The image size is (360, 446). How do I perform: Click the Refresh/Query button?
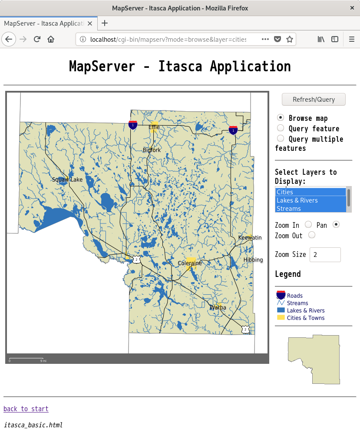click(314, 99)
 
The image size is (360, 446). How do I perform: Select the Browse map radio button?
click(281, 118)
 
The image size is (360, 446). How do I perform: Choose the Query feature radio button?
click(281, 128)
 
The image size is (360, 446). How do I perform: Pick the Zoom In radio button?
click(308, 225)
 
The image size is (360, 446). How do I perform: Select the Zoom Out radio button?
click(311, 235)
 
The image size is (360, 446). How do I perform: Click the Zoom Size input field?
click(325, 255)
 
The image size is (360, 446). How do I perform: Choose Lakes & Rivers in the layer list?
click(297, 200)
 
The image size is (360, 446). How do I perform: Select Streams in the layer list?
click(289, 209)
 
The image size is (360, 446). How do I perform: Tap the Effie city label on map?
click(154, 127)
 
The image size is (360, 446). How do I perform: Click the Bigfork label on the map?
click(152, 150)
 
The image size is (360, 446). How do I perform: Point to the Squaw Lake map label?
click(67, 180)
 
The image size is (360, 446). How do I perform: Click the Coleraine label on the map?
click(190, 263)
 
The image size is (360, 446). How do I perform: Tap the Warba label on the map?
click(218, 307)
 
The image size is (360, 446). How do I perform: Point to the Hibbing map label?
click(253, 260)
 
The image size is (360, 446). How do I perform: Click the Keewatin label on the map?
click(250, 237)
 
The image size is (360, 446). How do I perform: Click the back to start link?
click(26, 409)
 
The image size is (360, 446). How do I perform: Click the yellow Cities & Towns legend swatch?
click(281, 318)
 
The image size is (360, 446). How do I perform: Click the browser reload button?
click(37, 39)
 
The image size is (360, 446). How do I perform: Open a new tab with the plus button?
click(105, 23)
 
